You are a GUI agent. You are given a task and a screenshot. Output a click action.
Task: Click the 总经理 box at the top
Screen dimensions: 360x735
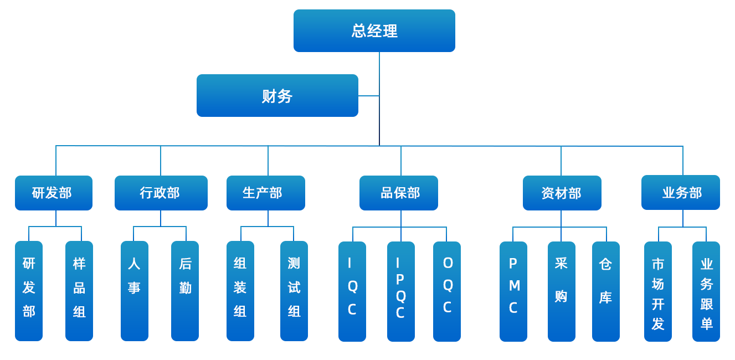[374, 30]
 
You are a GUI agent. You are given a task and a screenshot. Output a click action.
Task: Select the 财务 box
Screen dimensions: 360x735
[277, 96]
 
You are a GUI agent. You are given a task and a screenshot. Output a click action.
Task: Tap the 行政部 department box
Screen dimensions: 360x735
[161, 193]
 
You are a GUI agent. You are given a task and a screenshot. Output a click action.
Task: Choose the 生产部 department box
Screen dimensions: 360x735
[266, 193]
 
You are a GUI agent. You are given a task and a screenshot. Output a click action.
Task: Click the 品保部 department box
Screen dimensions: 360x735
[399, 193]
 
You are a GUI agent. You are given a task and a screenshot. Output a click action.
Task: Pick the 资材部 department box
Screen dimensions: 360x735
[562, 193]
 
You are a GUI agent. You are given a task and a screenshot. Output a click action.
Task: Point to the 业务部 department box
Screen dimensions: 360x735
[681, 192]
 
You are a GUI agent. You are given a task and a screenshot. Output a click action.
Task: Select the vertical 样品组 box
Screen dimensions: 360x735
[79, 291]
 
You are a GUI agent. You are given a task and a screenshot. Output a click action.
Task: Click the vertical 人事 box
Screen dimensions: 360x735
[135, 291]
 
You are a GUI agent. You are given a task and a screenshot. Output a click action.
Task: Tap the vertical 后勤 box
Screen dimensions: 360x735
[185, 291]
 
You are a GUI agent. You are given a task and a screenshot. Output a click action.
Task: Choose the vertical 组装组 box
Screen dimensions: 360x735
[240, 291]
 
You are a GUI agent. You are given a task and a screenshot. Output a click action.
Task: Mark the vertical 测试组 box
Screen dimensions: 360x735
[294, 291]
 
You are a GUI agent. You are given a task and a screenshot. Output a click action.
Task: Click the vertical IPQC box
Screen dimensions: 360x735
[401, 291]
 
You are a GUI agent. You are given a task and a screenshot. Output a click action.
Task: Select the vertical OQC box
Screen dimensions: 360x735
[447, 291]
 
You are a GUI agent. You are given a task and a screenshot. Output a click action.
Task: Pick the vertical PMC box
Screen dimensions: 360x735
[513, 291]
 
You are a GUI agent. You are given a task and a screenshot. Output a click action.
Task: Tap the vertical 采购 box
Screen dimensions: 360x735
[562, 291]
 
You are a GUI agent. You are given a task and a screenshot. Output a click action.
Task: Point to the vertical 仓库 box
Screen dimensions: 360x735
[606, 291]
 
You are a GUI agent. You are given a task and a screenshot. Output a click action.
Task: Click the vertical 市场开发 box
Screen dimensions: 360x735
[658, 291]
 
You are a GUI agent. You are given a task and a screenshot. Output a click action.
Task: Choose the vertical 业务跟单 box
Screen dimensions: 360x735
[706, 291]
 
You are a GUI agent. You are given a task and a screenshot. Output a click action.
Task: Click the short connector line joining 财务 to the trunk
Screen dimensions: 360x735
[369, 96]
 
